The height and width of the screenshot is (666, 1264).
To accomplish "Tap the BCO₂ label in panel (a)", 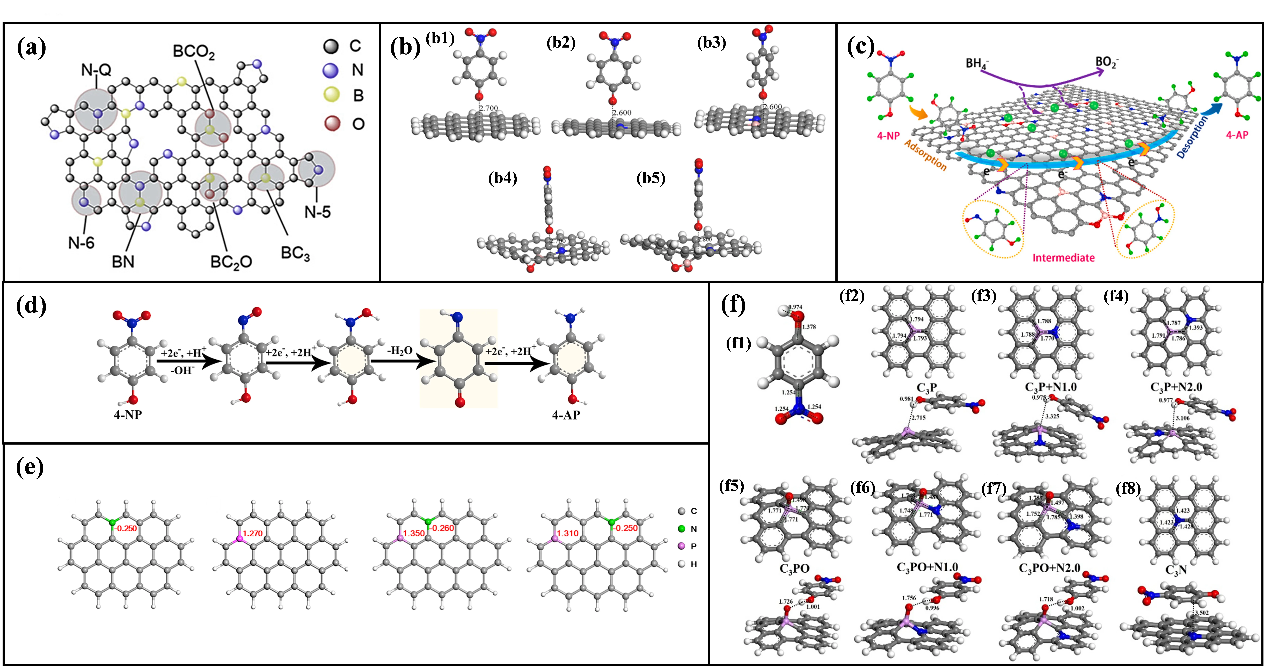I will click(x=194, y=53).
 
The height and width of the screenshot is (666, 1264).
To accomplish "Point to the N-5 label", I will click(x=317, y=212).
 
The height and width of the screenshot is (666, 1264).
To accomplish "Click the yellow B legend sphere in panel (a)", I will click(x=332, y=95).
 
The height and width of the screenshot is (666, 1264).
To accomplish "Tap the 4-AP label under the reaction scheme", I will click(x=566, y=415).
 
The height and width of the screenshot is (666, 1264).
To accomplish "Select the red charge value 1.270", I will click(x=253, y=533).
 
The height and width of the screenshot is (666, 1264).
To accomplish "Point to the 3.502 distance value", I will click(x=1202, y=613).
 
